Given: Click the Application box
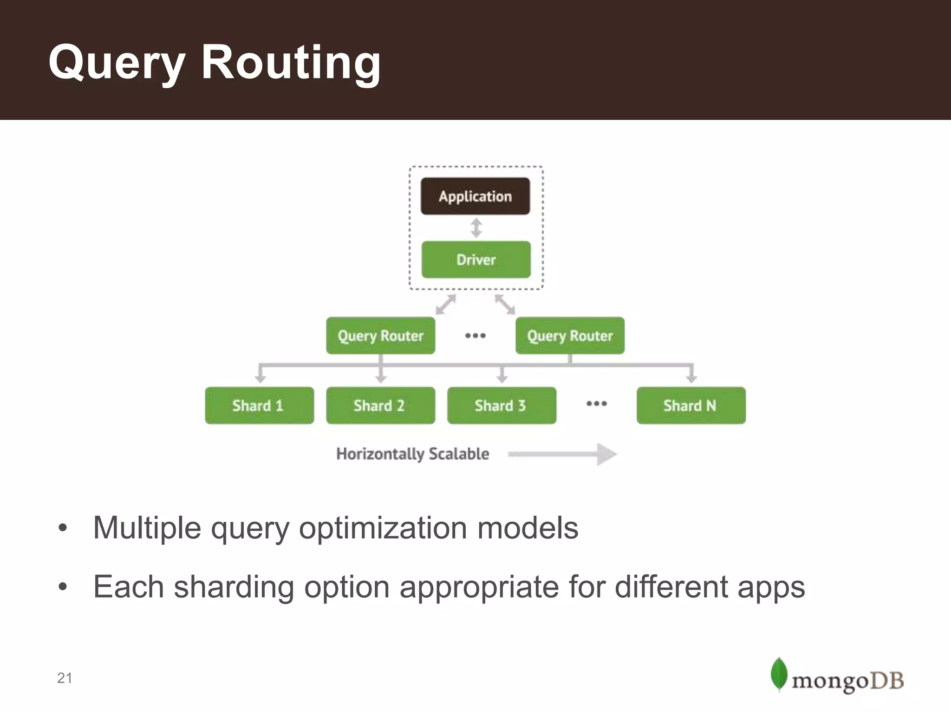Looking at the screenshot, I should click(475, 196).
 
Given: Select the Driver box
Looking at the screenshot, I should click(476, 259).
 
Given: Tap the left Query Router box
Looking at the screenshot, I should click(380, 336).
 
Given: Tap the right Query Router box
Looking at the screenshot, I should click(570, 336).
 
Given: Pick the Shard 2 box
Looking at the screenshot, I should click(380, 405).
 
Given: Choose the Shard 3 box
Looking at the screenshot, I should click(502, 405).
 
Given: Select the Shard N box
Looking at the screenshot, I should click(691, 405).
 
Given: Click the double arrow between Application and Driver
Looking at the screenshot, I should click(476, 228).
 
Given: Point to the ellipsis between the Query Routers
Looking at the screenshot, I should click(475, 335).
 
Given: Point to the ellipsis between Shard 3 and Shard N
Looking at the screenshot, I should click(596, 403).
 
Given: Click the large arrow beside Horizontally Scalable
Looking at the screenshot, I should click(563, 454).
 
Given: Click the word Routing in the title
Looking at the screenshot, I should click(291, 62).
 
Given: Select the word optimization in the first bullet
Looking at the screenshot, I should click(383, 528).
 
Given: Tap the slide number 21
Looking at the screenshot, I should click(65, 678).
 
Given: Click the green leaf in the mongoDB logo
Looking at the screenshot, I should click(779, 674).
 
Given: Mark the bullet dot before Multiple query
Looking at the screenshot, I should click(63, 528).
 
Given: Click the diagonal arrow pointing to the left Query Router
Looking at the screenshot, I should click(445, 305).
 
